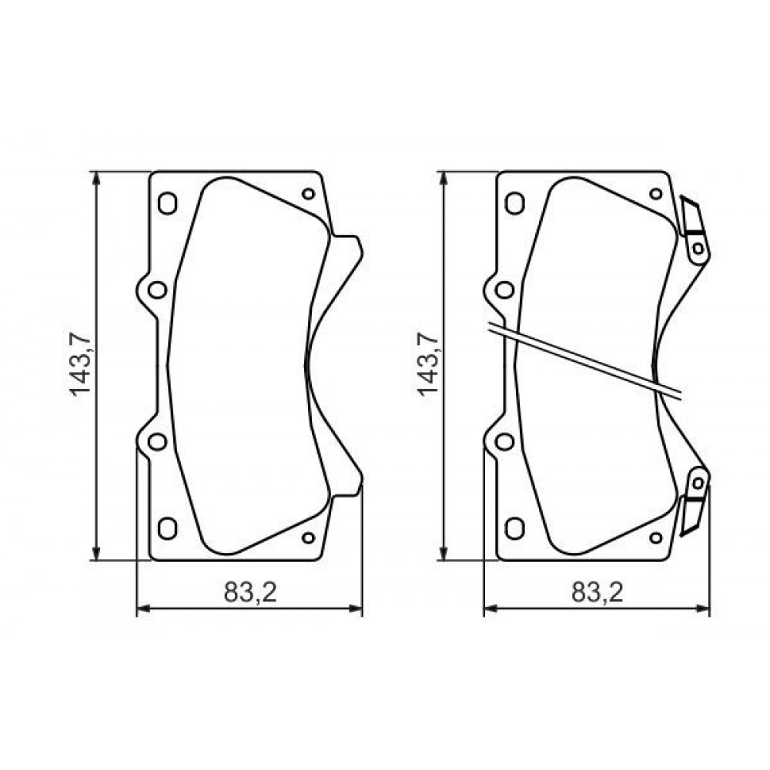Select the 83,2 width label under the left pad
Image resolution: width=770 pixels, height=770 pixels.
tap(250, 592)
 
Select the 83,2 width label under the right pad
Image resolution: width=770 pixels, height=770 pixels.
tap(598, 592)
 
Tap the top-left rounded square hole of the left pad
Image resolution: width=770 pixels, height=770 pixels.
tap(167, 203)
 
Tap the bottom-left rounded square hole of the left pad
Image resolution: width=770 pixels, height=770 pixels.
tap(167, 528)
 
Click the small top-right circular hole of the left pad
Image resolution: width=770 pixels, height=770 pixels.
tap(309, 193)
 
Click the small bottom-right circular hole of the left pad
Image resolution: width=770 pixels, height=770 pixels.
tap(309, 537)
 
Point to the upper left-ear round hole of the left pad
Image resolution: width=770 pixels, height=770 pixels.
tap(157, 290)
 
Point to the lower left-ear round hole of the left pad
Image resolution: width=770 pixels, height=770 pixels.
tap(157, 441)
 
